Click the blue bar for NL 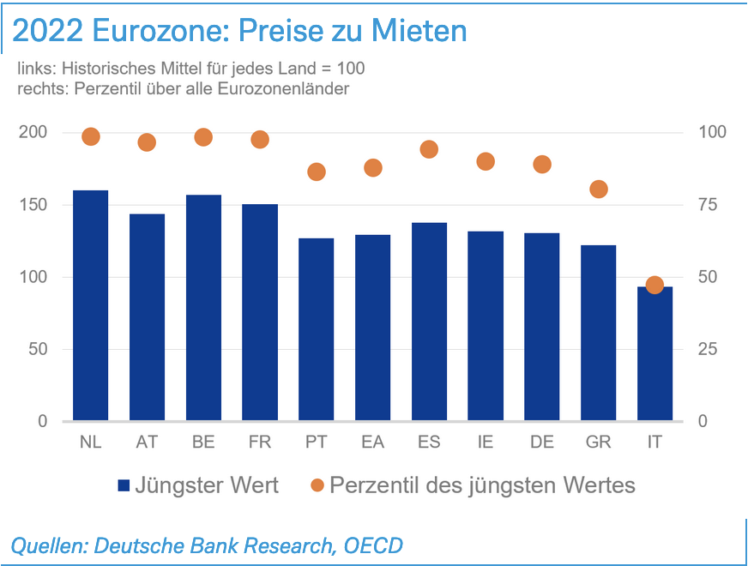coord(90,305)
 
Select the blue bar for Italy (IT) coord(654,353)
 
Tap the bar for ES coord(429,322)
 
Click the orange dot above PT coord(317,172)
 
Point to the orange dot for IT coord(654,285)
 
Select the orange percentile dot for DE coord(542,164)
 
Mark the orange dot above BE coord(203,137)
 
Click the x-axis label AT coord(146,442)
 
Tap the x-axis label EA coord(372,442)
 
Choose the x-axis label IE coord(486,442)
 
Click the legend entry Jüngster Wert coord(207,485)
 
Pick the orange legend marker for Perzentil coord(317,485)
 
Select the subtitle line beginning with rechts coord(183,88)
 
